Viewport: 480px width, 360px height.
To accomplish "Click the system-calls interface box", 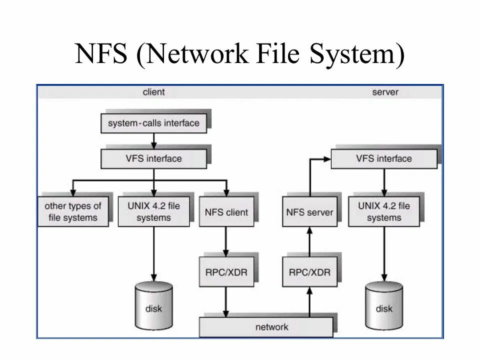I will click(153, 123).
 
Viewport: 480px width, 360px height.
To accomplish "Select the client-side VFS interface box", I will click(153, 158).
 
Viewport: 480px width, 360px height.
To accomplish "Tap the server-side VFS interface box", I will click(383, 158).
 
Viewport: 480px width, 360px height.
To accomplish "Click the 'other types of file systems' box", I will click(73, 212).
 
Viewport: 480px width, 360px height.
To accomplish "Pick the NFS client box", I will click(226, 212).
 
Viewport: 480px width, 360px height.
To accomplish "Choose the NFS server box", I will click(309, 212).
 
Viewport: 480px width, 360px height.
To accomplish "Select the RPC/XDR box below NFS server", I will click(309, 272).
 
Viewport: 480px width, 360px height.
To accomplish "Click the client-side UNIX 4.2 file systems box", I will click(153, 212).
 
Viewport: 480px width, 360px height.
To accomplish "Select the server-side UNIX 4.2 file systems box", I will click(383, 212).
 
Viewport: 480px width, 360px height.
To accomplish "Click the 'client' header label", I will click(153, 92).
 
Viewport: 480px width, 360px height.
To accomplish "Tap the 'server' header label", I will click(385, 92).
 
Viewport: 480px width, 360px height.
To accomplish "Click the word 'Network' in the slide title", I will click(195, 54).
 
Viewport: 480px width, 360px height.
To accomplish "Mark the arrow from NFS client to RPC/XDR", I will click(226, 242).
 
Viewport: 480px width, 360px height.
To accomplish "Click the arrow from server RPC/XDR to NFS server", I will click(309, 242).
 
